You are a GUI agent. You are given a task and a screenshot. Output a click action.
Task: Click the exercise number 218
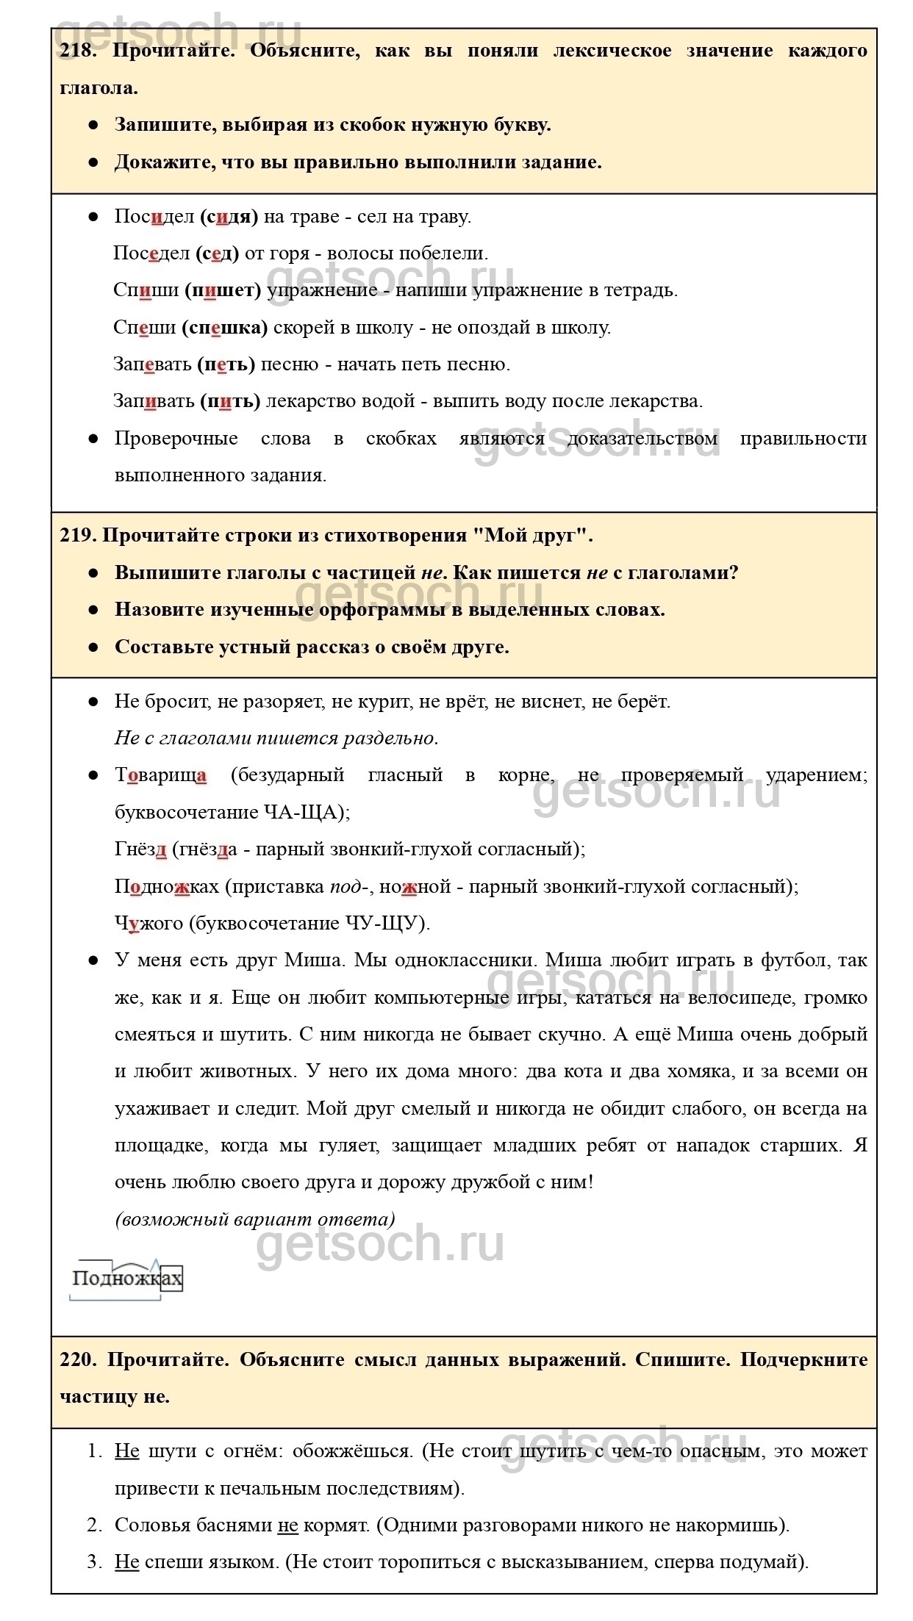[x=77, y=51]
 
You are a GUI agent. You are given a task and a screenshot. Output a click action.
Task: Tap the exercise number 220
[x=78, y=1359]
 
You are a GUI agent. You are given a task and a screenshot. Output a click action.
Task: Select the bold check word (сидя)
[x=229, y=217]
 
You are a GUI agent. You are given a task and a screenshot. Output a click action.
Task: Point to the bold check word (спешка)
[x=225, y=327]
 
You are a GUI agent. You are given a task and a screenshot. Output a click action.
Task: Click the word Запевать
[x=152, y=364]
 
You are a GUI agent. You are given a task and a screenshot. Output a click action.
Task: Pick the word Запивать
[x=154, y=401]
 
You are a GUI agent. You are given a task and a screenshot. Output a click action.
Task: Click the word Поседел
[x=151, y=254]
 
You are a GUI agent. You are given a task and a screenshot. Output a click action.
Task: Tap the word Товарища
[x=160, y=775]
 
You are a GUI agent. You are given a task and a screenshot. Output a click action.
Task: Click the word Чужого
[x=148, y=923]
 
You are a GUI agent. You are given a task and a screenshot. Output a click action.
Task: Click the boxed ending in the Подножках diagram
[x=171, y=1279]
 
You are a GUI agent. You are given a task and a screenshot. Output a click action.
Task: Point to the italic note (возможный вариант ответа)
[x=255, y=1219]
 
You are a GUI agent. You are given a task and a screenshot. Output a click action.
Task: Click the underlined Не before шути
[x=126, y=1451]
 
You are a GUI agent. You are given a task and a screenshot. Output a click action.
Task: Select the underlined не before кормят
[x=287, y=1525]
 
